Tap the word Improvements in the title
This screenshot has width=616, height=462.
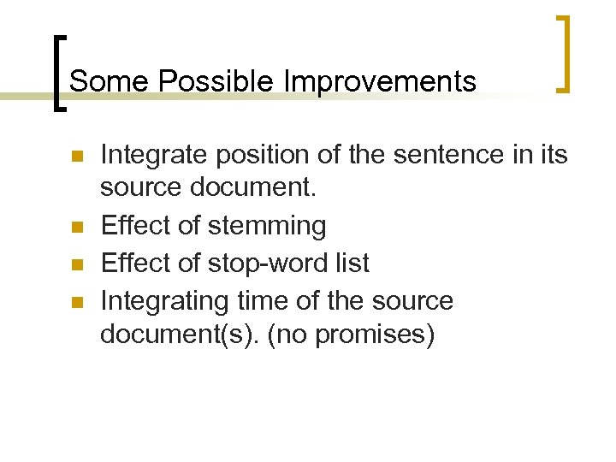coord(380,81)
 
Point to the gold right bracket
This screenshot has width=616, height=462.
coord(564,53)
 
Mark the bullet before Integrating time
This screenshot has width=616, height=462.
coord(74,302)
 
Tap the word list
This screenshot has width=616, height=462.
coord(353,263)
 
